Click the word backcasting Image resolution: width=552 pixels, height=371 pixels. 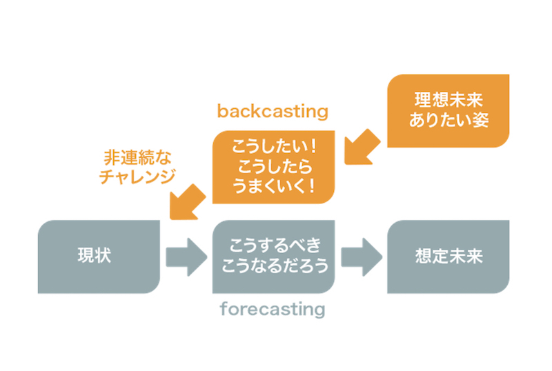coord(273,111)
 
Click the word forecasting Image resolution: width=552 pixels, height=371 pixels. coord(273,309)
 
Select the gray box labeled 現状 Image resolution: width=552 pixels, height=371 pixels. coord(99,257)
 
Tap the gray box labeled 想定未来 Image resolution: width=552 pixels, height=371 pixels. coord(448,257)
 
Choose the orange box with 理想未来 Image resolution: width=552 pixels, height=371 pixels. coord(448,111)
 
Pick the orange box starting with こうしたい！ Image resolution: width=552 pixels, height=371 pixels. coord(273,167)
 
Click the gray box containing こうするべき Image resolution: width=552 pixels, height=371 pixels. coord(273,257)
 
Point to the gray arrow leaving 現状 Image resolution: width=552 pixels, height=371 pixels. coord(186,257)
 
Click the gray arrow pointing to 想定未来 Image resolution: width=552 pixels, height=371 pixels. coord(362,257)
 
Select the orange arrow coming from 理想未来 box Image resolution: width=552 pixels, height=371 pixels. coord(362,147)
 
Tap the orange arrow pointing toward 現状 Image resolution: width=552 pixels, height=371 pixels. coord(187,202)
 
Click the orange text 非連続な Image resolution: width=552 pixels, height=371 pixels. coord(137,157)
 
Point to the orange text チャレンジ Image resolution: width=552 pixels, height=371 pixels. coord(137,177)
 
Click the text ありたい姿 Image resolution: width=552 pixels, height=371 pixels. coord(449,120)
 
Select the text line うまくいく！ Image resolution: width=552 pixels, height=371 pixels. coord(273,186)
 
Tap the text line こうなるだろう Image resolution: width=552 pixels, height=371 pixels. coord(275,265)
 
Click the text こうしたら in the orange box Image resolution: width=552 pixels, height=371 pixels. coord(275,166)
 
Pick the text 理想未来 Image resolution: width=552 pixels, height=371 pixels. coord(448,100)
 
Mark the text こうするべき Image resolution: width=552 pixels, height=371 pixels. coord(275,245)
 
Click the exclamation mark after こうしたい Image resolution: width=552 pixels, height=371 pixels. coord(313,146)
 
